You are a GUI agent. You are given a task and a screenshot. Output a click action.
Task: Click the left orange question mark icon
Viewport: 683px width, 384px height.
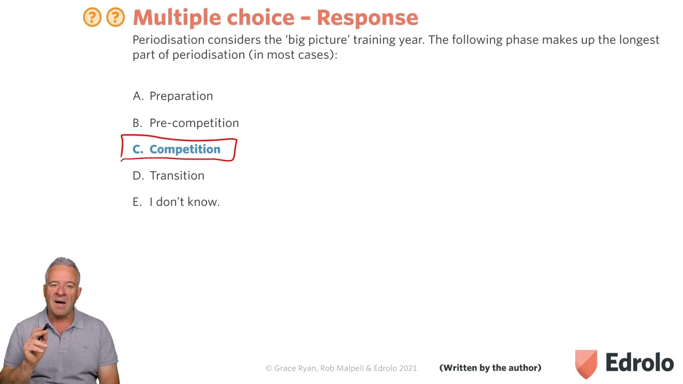(x=92, y=17)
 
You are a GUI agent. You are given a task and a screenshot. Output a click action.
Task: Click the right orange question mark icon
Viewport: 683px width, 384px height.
(x=116, y=17)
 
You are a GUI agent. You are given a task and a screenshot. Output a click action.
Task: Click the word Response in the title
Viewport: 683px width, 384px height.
(x=368, y=18)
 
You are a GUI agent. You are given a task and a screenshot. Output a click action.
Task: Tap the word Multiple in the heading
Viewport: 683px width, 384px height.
(x=177, y=18)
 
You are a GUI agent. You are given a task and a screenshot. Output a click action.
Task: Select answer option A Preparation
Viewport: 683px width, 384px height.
(x=172, y=96)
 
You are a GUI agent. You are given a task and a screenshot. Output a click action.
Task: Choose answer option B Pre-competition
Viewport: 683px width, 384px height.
(x=186, y=123)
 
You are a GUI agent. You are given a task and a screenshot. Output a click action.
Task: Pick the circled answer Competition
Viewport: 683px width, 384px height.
(x=185, y=149)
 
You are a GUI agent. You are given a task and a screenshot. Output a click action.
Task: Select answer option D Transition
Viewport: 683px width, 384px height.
(x=168, y=175)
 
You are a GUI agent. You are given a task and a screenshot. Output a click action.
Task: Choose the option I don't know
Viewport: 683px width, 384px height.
(x=176, y=202)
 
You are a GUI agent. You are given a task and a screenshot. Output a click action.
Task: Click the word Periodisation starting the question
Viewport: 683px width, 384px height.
(x=169, y=40)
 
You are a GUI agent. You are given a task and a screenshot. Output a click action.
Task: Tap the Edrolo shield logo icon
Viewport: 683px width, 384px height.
(x=586, y=364)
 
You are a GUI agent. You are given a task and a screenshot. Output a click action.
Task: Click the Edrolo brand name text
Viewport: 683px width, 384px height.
(x=640, y=362)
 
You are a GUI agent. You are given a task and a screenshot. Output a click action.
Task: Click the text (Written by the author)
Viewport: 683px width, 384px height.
(x=490, y=368)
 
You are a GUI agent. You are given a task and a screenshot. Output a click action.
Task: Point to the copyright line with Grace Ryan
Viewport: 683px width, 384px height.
(x=341, y=368)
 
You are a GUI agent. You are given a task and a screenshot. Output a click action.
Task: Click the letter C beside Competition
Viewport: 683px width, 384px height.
(x=137, y=149)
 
